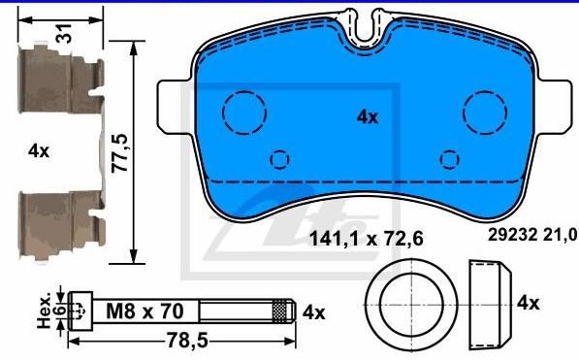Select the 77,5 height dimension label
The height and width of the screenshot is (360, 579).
(x=120, y=153)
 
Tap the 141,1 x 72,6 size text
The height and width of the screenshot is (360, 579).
(x=366, y=239)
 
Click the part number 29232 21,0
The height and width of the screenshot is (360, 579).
(x=532, y=234)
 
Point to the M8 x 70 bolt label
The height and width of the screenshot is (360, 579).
(x=145, y=311)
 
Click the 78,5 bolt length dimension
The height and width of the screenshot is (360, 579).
(x=187, y=341)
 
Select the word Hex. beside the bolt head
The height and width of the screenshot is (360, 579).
(x=44, y=311)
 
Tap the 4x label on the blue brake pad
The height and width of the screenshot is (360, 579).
(x=368, y=117)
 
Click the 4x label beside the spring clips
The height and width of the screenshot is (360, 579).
(x=39, y=150)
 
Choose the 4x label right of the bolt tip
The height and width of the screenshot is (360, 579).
(x=314, y=312)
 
